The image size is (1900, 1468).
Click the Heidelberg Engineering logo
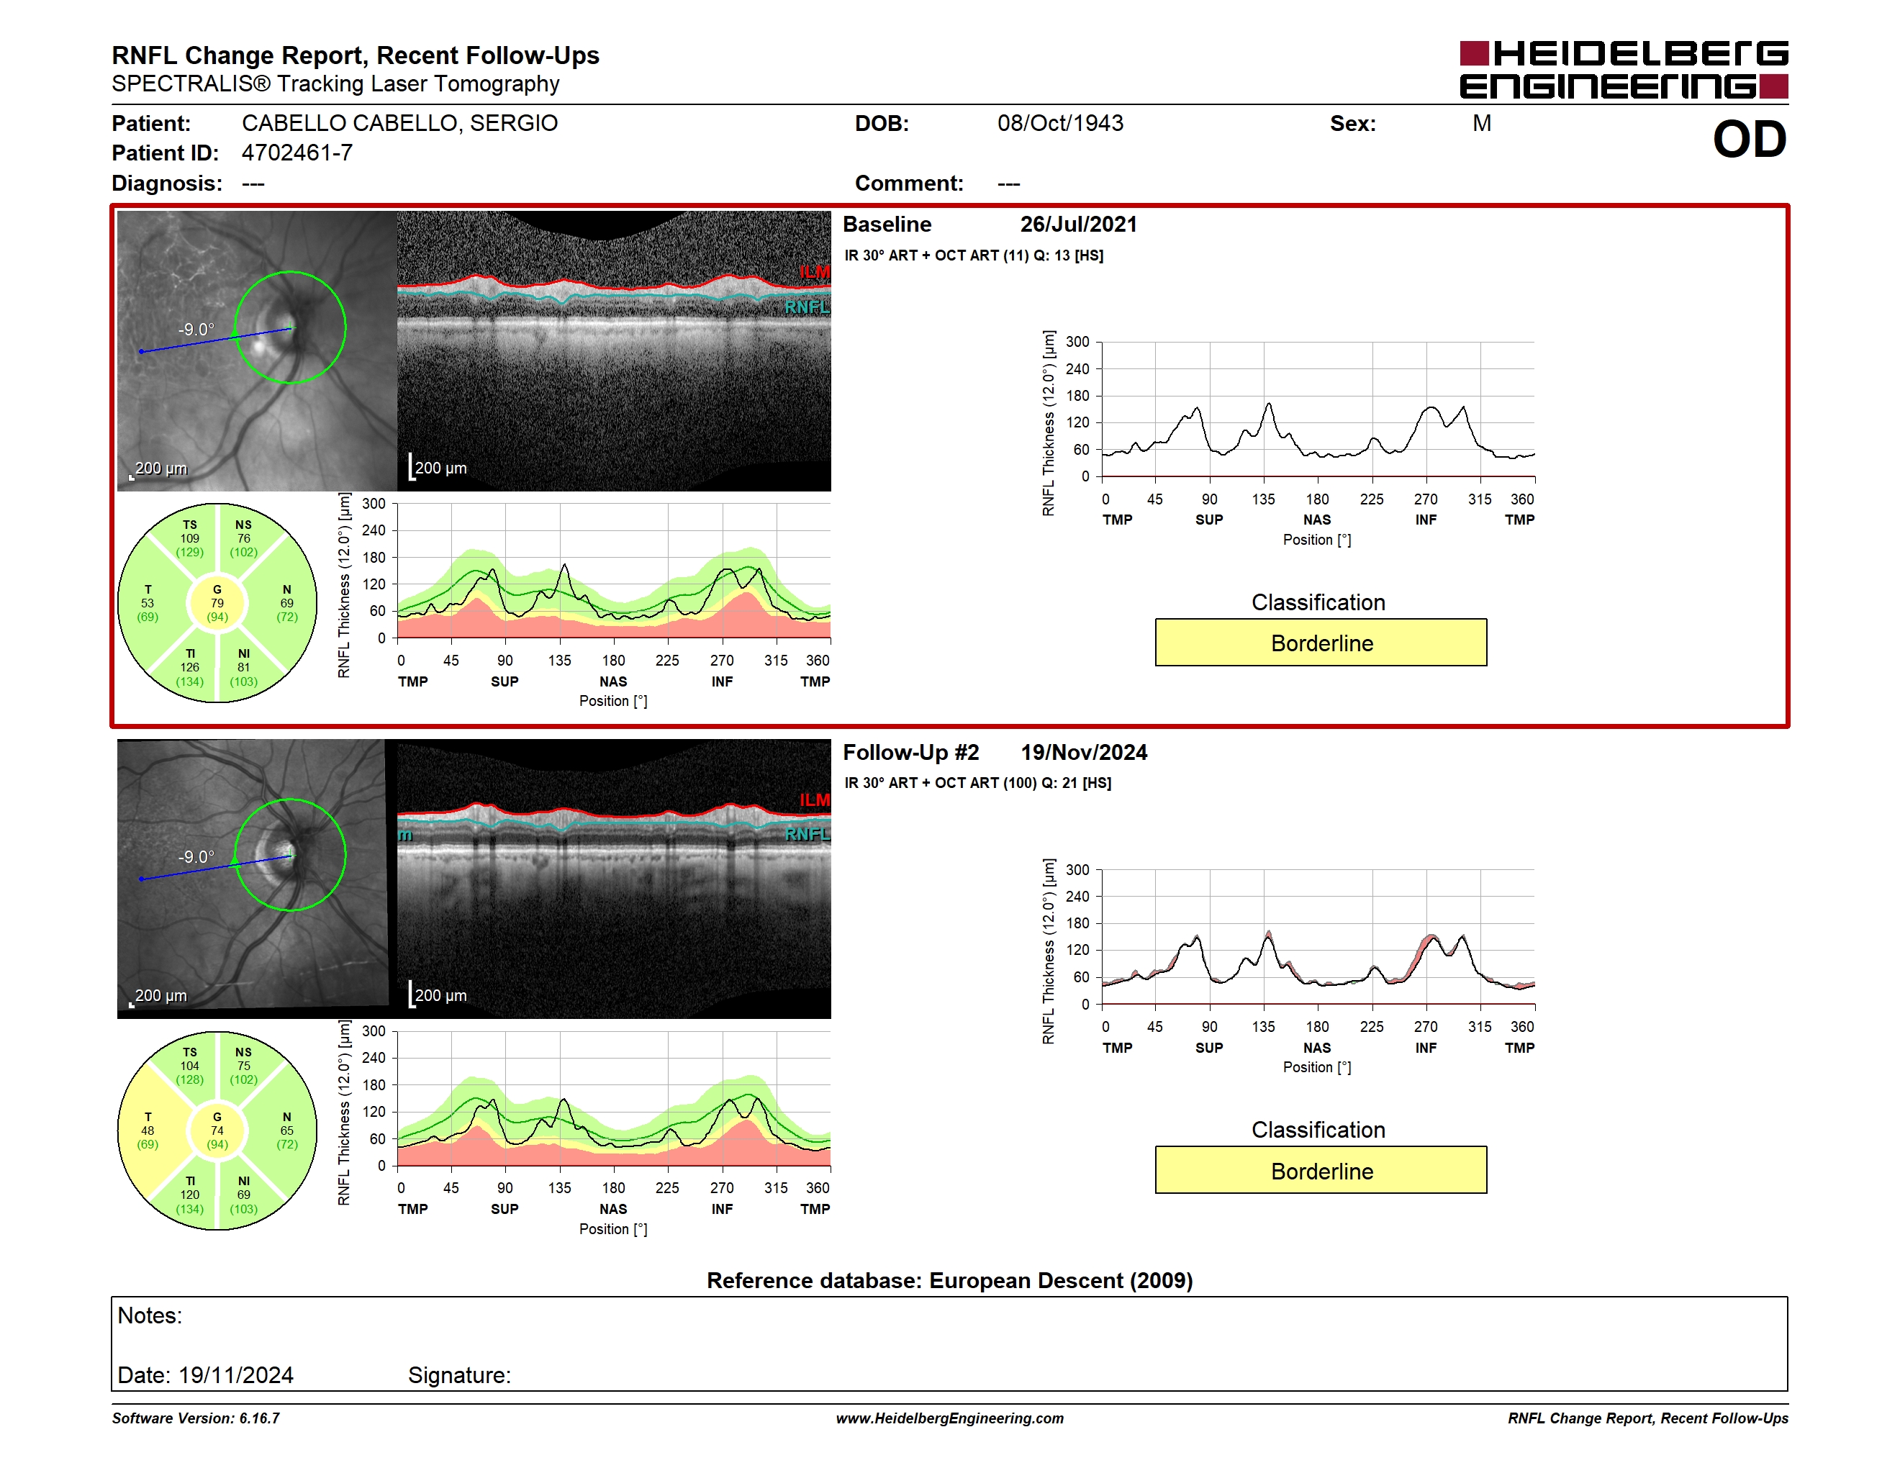[x=1624, y=70]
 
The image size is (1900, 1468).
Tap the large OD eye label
[x=1750, y=139]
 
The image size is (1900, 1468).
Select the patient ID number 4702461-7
[x=297, y=153]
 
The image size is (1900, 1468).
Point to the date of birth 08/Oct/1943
[x=1061, y=124]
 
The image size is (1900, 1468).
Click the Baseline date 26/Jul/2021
[x=1079, y=225]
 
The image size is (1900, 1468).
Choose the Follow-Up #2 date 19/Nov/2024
[x=1084, y=752]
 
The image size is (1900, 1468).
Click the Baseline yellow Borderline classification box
[x=1321, y=643]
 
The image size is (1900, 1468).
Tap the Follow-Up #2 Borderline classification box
[x=1321, y=1171]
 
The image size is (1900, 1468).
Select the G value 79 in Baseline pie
[x=217, y=603]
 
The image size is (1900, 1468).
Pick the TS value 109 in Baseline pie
[x=190, y=538]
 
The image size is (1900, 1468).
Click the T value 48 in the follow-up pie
[x=148, y=1131]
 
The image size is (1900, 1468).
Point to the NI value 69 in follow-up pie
[x=243, y=1195]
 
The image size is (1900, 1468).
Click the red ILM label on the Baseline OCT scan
[x=814, y=272]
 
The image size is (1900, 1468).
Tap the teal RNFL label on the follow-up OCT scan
[x=807, y=834]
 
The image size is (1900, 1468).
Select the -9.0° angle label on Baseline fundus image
[x=196, y=330]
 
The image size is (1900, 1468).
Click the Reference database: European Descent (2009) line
[x=950, y=1280]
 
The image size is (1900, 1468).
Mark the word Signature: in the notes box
[x=459, y=1375]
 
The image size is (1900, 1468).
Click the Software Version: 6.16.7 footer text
[x=196, y=1418]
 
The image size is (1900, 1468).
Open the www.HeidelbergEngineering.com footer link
[x=950, y=1418]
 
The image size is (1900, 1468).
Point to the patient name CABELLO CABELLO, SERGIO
[x=400, y=124]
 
